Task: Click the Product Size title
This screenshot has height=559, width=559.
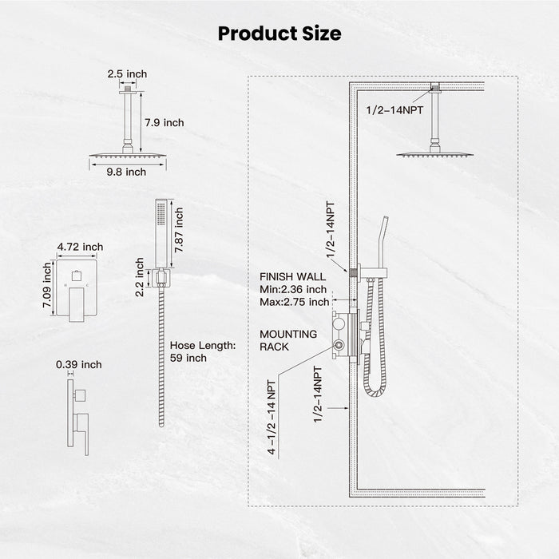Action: pyautogui.click(x=279, y=34)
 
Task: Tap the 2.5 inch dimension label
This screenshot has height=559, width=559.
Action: pyautogui.click(x=127, y=74)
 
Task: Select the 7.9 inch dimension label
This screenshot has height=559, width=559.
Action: pyautogui.click(x=164, y=122)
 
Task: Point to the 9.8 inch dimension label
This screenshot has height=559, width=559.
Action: pyautogui.click(x=126, y=172)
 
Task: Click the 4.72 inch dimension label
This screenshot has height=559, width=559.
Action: pyautogui.click(x=80, y=248)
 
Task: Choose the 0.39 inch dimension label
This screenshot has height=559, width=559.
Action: pyautogui.click(x=79, y=365)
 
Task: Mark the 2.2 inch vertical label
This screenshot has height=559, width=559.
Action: pyautogui.click(x=140, y=275)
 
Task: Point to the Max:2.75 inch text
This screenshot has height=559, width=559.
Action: pyautogui.click(x=294, y=302)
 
